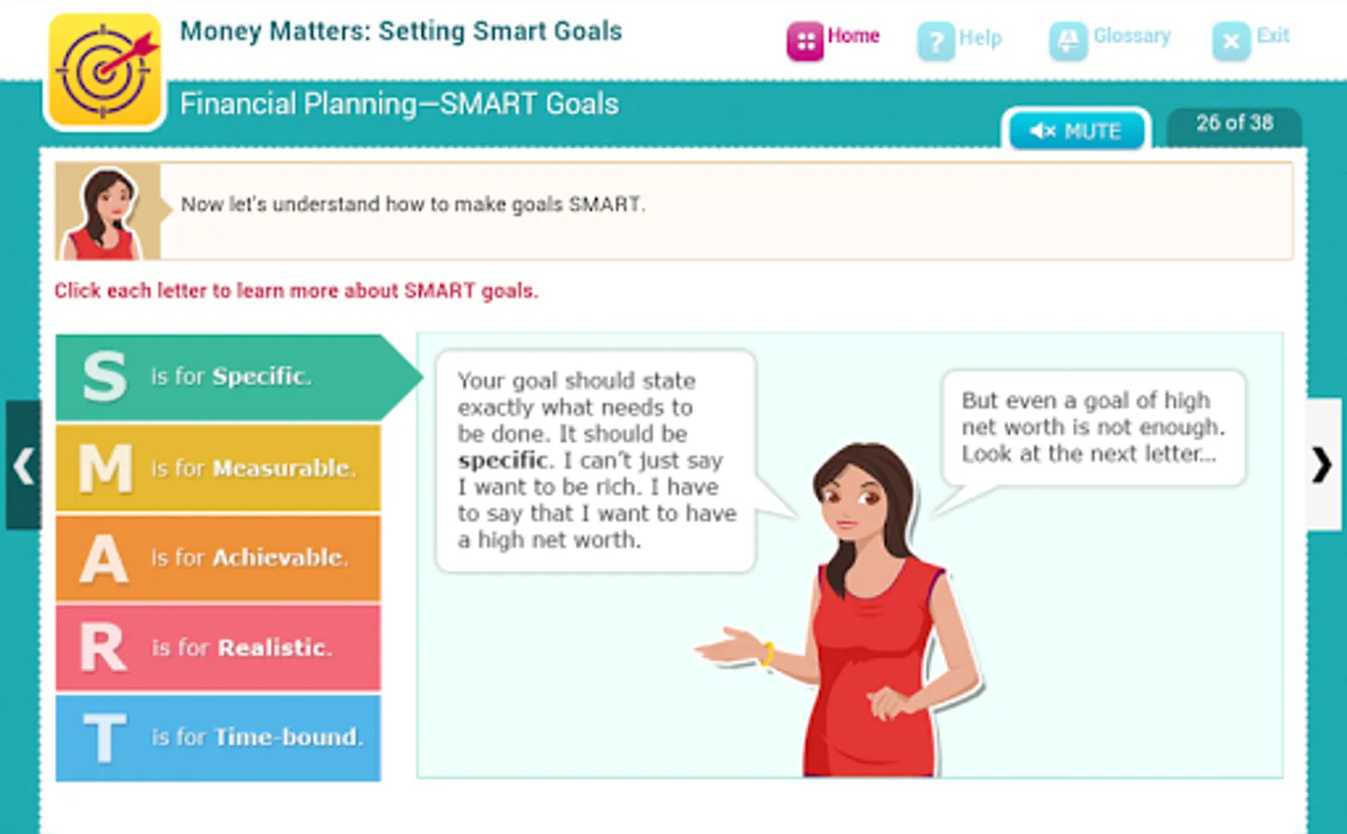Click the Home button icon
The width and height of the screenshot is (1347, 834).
[x=805, y=41]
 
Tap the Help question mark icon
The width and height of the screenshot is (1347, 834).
[x=936, y=41]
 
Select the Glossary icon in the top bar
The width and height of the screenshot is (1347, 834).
[x=1068, y=41]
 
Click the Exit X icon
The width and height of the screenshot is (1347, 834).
[x=1231, y=41]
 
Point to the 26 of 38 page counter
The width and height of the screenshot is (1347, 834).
[x=1235, y=123]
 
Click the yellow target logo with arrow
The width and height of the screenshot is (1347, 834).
[x=106, y=70]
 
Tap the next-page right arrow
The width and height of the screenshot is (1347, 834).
[x=1322, y=465]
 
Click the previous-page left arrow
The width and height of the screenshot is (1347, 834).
[x=23, y=466]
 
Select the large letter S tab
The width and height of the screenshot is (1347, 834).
[x=106, y=377]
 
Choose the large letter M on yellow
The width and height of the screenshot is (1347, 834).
[x=106, y=468]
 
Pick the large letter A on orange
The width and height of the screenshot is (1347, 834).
[x=104, y=559]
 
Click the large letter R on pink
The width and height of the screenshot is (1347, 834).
[x=104, y=647]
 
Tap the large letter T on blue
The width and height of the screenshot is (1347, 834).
[x=105, y=738]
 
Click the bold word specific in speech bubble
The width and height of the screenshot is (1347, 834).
[x=503, y=461]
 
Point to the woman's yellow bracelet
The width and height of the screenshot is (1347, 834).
[x=768, y=654]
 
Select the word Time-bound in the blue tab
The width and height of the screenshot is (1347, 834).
[x=288, y=738]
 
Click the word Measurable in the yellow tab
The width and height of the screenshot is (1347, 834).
[x=284, y=468]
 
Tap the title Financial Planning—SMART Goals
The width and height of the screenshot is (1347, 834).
[x=399, y=104]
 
